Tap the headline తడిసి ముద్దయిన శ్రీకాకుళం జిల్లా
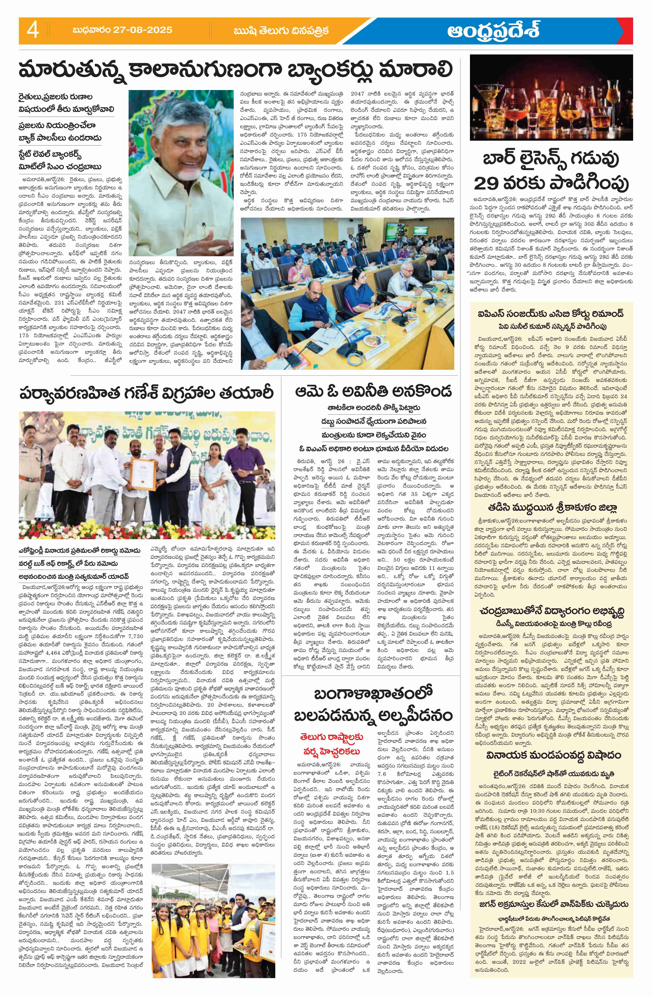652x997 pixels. coord(551,508)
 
